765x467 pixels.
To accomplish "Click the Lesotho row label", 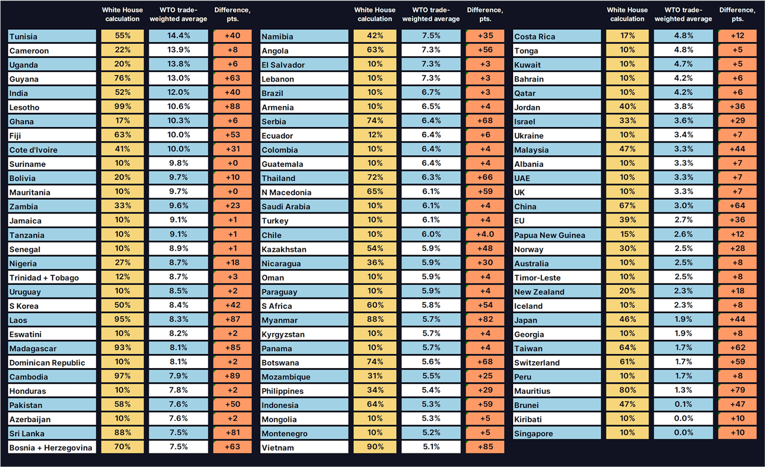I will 24,107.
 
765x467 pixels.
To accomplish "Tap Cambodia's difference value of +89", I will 232,376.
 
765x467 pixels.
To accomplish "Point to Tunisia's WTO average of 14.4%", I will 178,36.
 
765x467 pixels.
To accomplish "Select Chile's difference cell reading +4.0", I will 485,234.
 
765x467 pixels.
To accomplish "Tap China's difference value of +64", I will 737,205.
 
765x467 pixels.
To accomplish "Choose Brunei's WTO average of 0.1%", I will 683,404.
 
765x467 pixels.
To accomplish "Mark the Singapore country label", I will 533,433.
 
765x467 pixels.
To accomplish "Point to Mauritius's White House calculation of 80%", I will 627,390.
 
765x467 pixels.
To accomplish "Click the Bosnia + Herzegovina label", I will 51,447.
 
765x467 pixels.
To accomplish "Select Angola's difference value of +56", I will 485,50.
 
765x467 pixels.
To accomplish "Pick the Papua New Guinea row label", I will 549,235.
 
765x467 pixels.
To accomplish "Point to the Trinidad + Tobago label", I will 44,278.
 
